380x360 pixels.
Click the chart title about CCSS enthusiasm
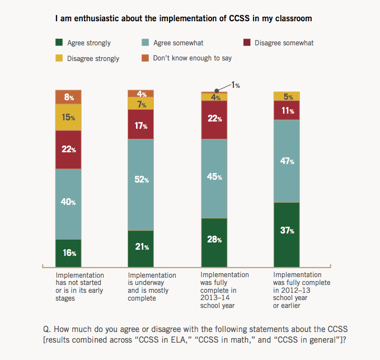tap(184, 18)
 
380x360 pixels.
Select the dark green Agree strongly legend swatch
tap(59, 43)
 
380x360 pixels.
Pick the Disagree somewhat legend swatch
tap(246, 43)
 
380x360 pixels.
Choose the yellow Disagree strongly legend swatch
tap(59, 58)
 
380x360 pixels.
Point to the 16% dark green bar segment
tap(68, 253)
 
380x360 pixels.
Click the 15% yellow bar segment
tap(68, 118)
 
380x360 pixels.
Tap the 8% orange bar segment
tap(68, 97)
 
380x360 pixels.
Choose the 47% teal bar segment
tap(287, 161)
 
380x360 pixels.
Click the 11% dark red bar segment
tap(287, 110)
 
